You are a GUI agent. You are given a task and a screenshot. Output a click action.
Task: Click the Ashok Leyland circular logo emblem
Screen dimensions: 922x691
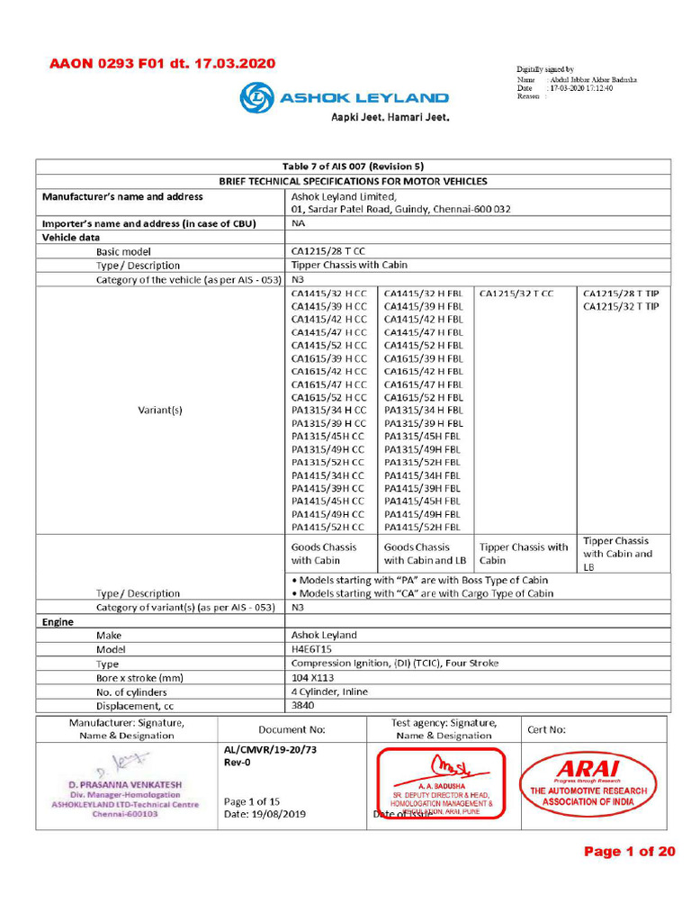pyautogui.click(x=256, y=97)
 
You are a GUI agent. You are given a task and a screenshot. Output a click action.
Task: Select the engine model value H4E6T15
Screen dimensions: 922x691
pyautogui.click(x=311, y=649)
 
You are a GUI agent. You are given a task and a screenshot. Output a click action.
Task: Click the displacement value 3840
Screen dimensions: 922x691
pyautogui.click(x=303, y=707)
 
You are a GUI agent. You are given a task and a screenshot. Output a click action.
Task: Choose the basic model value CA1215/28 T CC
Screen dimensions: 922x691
pyautogui.click(x=328, y=251)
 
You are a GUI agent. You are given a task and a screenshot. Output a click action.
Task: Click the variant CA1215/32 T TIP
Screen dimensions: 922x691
pyautogui.click(x=621, y=307)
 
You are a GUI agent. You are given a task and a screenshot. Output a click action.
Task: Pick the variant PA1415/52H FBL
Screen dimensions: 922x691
pyautogui.click(x=422, y=527)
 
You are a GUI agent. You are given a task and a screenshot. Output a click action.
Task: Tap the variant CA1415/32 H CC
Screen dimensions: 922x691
pyautogui.click(x=329, y=294)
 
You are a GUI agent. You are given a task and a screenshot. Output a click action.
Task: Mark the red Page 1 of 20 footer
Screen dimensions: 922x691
pyautogui.click(x=629, y=852)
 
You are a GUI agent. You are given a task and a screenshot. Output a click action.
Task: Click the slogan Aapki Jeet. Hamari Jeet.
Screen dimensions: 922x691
pyautogui.click(x=390, y=117)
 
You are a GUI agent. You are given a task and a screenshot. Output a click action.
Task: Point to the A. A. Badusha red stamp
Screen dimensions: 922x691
pyautogui.click(x=442, y=785)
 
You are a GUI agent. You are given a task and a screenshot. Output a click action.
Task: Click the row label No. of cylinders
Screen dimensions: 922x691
pyautogui.click(x=139, y=692)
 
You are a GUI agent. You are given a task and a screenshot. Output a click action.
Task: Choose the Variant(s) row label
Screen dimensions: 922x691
pyautogui.click(x=160, y=410)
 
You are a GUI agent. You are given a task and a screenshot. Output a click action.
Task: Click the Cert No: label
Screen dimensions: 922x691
pyautogui.click(x=546, y=729)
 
